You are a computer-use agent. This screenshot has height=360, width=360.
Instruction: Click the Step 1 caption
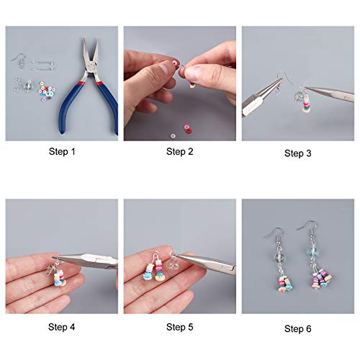[x=62, y=151]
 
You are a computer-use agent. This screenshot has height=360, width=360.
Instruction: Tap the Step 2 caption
[x=180, y=151]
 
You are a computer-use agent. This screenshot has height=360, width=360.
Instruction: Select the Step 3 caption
[x=298, y=153]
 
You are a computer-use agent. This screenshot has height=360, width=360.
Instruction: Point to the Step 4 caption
[x=62, y=327]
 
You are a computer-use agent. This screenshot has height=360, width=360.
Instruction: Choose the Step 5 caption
[x=180, y=327]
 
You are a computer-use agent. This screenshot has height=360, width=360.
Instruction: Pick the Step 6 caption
[x=298, y=328]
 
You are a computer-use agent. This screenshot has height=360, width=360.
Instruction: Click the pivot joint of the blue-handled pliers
[x=91, y=68]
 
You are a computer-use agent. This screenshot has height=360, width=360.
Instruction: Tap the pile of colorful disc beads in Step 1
[x=47, y=91]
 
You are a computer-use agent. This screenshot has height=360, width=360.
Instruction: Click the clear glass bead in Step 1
[x=28, y=86]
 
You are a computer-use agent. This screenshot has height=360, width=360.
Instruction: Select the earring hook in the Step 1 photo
[x=19, y=60]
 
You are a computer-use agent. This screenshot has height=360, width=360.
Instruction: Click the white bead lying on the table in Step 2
[x=173, y=136]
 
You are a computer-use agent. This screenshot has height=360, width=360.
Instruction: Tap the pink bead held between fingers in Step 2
[x=176, y=63]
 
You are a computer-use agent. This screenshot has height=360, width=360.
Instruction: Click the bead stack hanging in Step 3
[x=305, y=104]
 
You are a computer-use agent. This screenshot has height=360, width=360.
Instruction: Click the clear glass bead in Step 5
[x=174, y=263]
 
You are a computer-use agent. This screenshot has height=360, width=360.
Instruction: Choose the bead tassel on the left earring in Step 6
[x=285, y=283]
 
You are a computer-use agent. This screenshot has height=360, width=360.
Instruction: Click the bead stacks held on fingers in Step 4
[x=60, y=279]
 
